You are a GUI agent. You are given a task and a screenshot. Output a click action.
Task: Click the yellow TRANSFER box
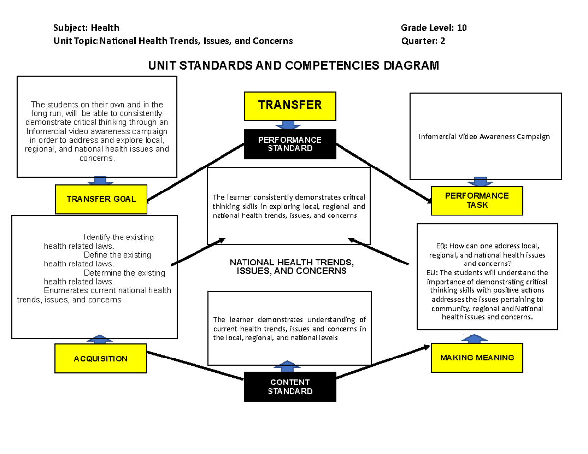290,106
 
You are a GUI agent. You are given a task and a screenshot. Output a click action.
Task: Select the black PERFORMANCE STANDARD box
290,144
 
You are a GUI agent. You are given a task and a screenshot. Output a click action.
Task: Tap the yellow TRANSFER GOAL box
101,199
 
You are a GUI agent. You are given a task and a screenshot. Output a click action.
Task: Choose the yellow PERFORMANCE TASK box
477,200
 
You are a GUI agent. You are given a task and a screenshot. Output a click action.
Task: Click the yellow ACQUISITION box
101,358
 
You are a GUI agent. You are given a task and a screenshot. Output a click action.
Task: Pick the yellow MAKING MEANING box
477,358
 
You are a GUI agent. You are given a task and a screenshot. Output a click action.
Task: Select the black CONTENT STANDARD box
290,387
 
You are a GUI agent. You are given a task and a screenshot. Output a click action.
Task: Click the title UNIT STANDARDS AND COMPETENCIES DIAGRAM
291,66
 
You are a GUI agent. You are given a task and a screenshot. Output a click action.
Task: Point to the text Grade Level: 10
434,28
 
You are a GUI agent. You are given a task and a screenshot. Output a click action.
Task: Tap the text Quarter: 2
423,41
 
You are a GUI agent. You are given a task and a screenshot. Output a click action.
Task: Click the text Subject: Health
86,28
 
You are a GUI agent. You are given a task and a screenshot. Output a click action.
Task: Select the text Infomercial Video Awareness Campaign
484,137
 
